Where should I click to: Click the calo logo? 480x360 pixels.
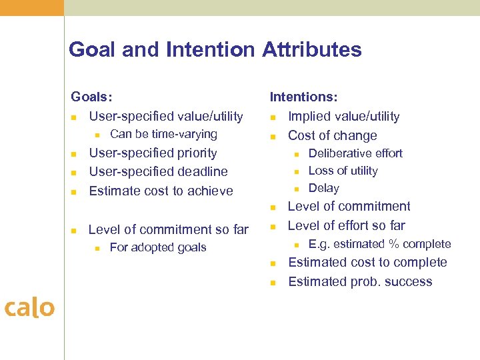(29, 307)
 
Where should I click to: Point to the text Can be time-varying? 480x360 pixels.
(163, 134)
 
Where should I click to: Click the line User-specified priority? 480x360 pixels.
(153, 153)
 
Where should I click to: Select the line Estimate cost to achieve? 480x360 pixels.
(161, 191)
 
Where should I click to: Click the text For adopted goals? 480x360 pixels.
(158, 247)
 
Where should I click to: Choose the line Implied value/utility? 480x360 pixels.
(343, 117)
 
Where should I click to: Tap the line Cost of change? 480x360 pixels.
(332, 135)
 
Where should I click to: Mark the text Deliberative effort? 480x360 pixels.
(355, 153)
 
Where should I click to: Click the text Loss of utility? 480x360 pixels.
(343, 171)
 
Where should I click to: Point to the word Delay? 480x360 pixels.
(323, 188)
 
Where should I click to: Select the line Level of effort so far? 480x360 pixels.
(346, 225)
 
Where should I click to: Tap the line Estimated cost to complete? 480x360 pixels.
(367, 262)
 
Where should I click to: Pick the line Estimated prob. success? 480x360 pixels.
(360, 281)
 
